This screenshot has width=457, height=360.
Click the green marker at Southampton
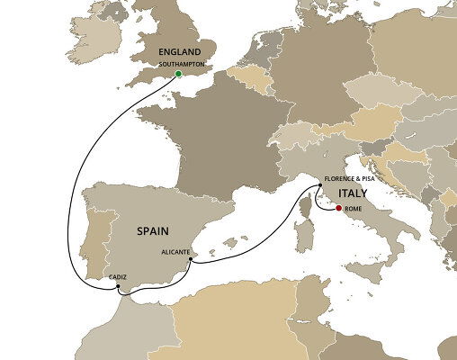coord(178,74)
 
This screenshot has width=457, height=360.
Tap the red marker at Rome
coord(338,210)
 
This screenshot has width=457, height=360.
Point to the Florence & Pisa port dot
coord(319,186)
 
